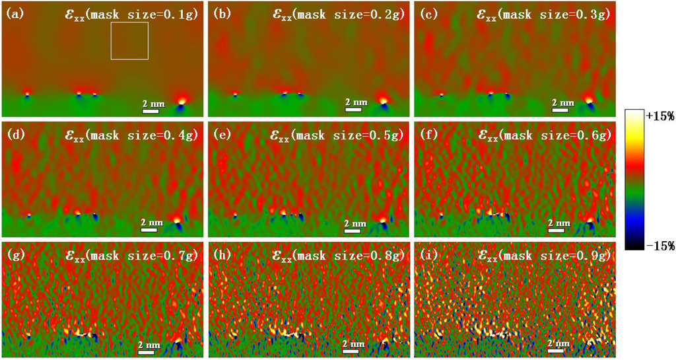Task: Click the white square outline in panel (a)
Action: click(x=129, y=41)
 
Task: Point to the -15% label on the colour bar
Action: click(x=658, y=246)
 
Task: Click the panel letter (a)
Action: click(x=15, y=12)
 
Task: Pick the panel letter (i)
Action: click(x=425, y=254)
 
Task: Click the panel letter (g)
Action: click(x=15, y=254)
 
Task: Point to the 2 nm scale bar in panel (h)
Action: click(x=353, y=348)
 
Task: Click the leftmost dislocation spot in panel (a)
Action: click(x=27, y=94)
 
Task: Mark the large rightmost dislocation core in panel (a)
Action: click(x=181, y=101)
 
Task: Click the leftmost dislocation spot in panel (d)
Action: click(x=28, y=215)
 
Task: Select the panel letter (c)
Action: click(x=425, y=12)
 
